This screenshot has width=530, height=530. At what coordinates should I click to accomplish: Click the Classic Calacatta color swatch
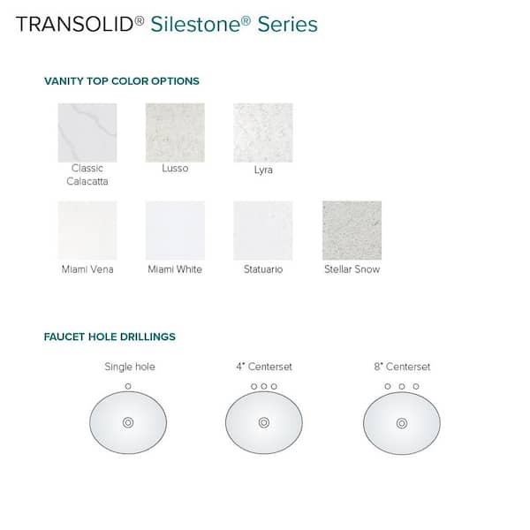pyautogui.click(x=87, y=132)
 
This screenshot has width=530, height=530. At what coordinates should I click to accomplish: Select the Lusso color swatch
pyautogui.click(x=175, y=132)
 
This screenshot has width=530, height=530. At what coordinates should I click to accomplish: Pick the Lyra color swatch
pyautogui.click(x=262, y=132)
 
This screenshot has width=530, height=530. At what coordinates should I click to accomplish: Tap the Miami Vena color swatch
pyautogui.click(x=87, y=231)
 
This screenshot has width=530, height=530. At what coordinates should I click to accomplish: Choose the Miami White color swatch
pyautogui.click(x=175, y=231)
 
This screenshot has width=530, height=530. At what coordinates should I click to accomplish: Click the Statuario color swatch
pyautogui.click(x=262, y=231)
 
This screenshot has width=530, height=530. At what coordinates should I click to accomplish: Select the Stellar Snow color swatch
pyautogui.click(x=352, y=231)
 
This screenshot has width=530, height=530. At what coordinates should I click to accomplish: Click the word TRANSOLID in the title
pyautogui.click(x=75, y=24)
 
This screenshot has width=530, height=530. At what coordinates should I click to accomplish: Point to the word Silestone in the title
pyautogui.click(x=191, y=24)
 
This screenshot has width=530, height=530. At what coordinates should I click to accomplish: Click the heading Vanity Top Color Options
pyautogui.click(x=122, y=81)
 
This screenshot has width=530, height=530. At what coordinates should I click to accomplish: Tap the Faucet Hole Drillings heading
pyautogui.click(x=110, y=337)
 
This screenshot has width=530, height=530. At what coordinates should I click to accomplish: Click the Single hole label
pyautogui.click(x=129, y=367)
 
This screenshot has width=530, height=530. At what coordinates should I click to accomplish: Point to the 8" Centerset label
pyautogui.click(x=402, y=367)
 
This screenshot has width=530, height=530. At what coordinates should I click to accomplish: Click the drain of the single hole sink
pyautogui.click(x=128, y=422)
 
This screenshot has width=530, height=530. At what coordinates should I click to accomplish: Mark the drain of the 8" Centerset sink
pyautogui.click(x=402, y=422)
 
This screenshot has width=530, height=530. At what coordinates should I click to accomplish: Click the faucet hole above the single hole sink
pyautogui.click(x=129, y=386)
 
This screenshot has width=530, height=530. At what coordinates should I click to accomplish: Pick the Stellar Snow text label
pyautogui.click(x=352, y=269)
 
